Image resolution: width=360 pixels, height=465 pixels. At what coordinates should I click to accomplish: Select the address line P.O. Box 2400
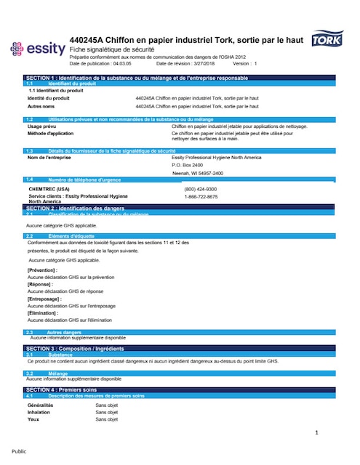187,165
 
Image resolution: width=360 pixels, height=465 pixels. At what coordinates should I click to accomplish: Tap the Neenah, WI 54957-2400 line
197,173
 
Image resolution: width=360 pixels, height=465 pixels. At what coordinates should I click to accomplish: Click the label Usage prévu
43,126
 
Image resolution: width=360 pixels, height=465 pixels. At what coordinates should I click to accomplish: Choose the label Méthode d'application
50,134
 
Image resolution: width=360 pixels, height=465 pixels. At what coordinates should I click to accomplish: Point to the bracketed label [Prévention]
42,270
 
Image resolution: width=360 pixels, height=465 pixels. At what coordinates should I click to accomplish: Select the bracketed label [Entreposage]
44,299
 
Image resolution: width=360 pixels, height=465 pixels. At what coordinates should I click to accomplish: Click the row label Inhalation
39,412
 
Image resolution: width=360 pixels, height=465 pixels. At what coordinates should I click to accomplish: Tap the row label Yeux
33,419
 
